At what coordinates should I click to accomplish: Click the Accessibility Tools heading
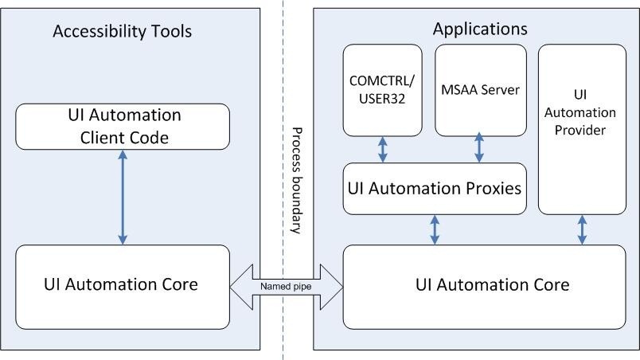pos(122,32)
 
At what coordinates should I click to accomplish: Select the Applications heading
pos(479,29)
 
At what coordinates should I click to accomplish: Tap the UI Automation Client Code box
pos(123,127)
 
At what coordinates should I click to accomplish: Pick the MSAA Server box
pos(481,89)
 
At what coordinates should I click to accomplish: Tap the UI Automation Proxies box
pos(435,189)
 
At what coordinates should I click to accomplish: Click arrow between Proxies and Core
pos(435,229)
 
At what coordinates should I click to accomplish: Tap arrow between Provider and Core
pos(582,229)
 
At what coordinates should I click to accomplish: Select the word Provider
pos(580,130)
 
